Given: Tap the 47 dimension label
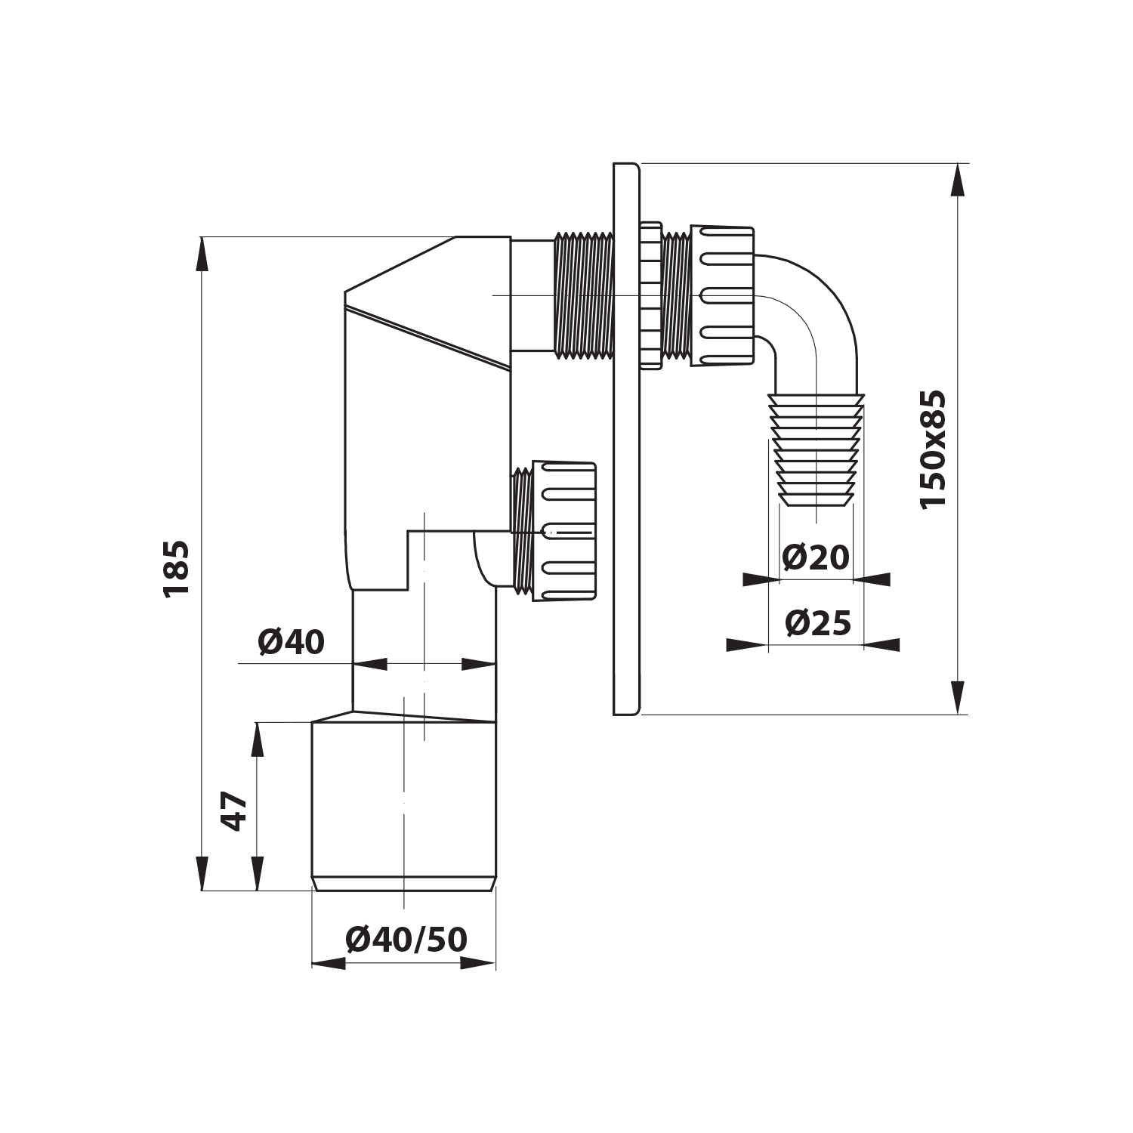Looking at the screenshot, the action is tap(235, 810).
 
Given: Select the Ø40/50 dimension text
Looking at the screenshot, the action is tap(406, 940).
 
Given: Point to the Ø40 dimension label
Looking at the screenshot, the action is tap(291, 642).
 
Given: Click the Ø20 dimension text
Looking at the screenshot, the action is tap(816, 558).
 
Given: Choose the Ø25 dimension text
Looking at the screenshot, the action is tap(818, 623).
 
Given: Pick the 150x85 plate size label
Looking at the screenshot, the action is tap(933, 449).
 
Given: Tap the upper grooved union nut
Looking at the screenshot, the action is tap(722, 295).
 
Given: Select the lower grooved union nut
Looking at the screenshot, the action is tap(564, 531).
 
